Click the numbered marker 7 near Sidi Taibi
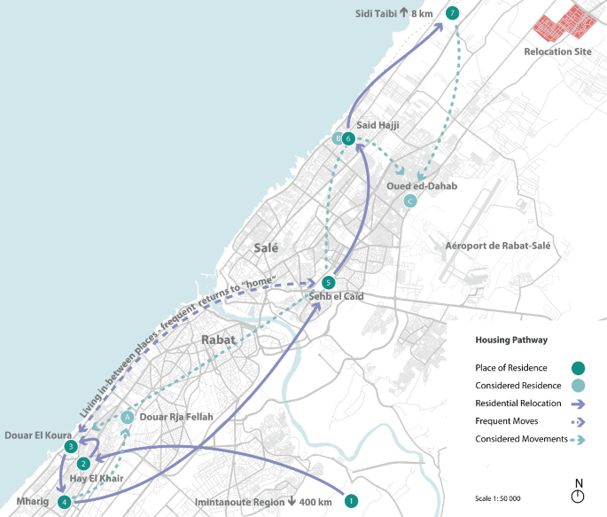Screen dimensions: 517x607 tap(453, 13)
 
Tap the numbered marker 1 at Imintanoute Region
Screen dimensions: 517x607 tap(351, 501)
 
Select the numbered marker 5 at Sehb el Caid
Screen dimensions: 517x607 tap(329, 282)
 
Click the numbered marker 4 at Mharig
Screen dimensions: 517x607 tap(64, 502)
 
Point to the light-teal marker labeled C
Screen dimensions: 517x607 tap(409, 202)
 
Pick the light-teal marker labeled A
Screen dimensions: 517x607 tap(128, 416)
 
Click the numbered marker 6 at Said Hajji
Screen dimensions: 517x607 tap(349, 139)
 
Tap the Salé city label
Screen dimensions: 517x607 tap(266, 249)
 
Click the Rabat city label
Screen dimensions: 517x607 tap(218, 340)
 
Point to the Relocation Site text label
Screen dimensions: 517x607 tap(557, 52)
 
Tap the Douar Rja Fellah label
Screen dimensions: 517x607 tap(176, 417)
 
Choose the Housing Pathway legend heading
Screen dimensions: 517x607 tap(511, 340)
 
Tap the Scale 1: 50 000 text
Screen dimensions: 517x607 tap(496, 497)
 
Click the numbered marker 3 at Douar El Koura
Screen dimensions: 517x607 tap(70, 447)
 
